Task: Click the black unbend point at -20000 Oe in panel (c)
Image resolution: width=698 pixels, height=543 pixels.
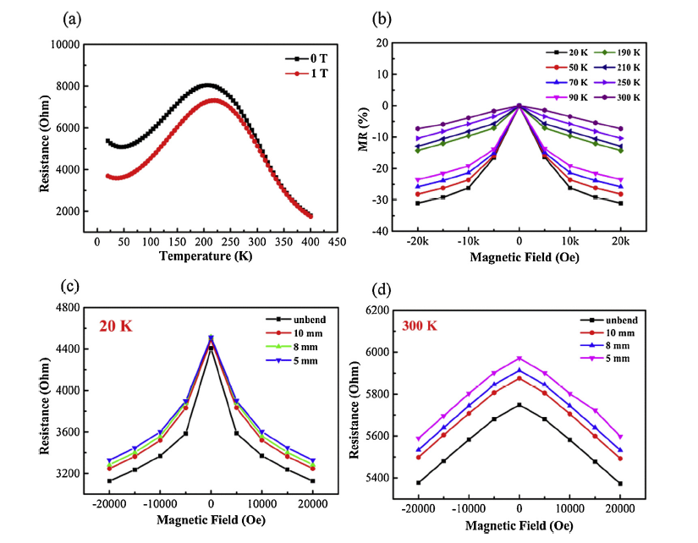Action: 109,480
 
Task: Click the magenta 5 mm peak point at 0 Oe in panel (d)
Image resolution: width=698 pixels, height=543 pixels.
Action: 519,359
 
